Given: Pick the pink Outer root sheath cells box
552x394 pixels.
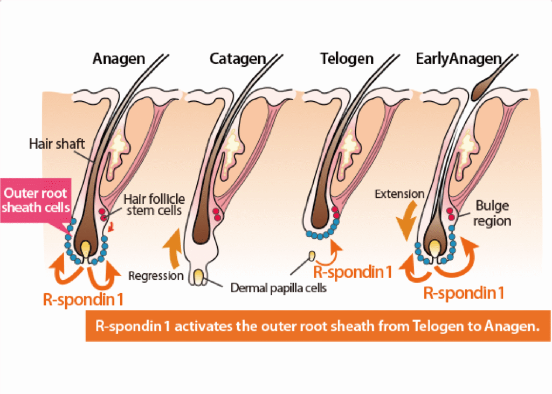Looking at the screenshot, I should pos(36,200).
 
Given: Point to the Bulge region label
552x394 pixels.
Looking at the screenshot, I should pos(494,213).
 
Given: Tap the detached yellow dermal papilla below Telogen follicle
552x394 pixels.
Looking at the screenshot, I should pos(312,255).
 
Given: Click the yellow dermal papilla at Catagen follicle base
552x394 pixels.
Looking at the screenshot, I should pos(199,277).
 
